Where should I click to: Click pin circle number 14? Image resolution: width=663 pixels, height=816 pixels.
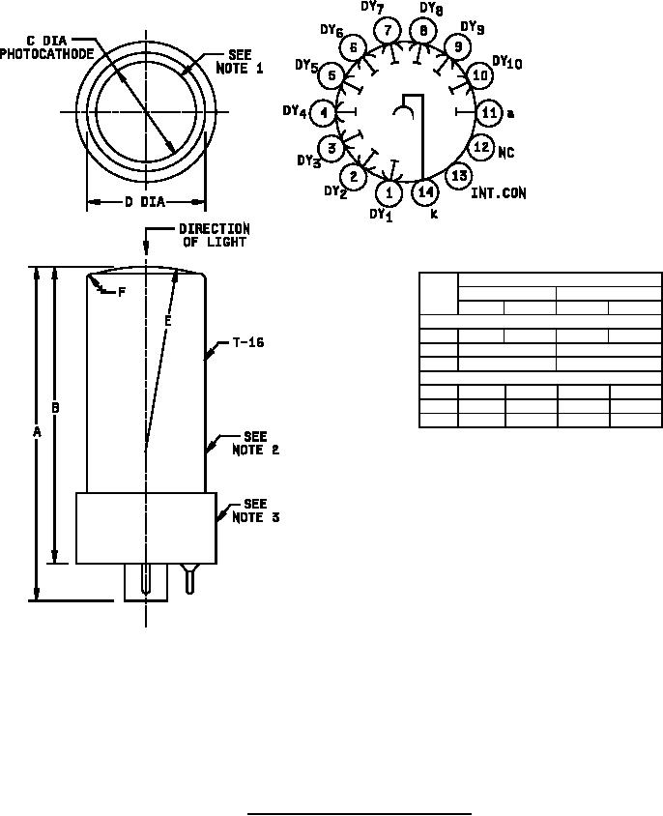tap(425, 192)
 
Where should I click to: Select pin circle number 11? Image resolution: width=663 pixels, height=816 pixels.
tap(489, 112)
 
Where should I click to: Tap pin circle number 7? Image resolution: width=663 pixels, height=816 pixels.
tap(388, 30)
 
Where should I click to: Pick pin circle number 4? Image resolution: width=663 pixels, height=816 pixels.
tap(323, 113)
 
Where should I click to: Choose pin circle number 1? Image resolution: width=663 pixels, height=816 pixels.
tap(389, 192)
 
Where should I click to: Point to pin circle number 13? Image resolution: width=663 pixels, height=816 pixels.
tap(459, 175)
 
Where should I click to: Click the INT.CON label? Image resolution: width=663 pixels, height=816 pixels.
tap(499, 193)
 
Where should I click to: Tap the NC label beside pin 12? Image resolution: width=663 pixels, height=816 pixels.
tap(505, 152)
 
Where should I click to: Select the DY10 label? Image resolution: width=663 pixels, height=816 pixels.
tap(507, 62)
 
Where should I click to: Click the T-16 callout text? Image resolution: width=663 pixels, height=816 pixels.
tap(246, 342)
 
